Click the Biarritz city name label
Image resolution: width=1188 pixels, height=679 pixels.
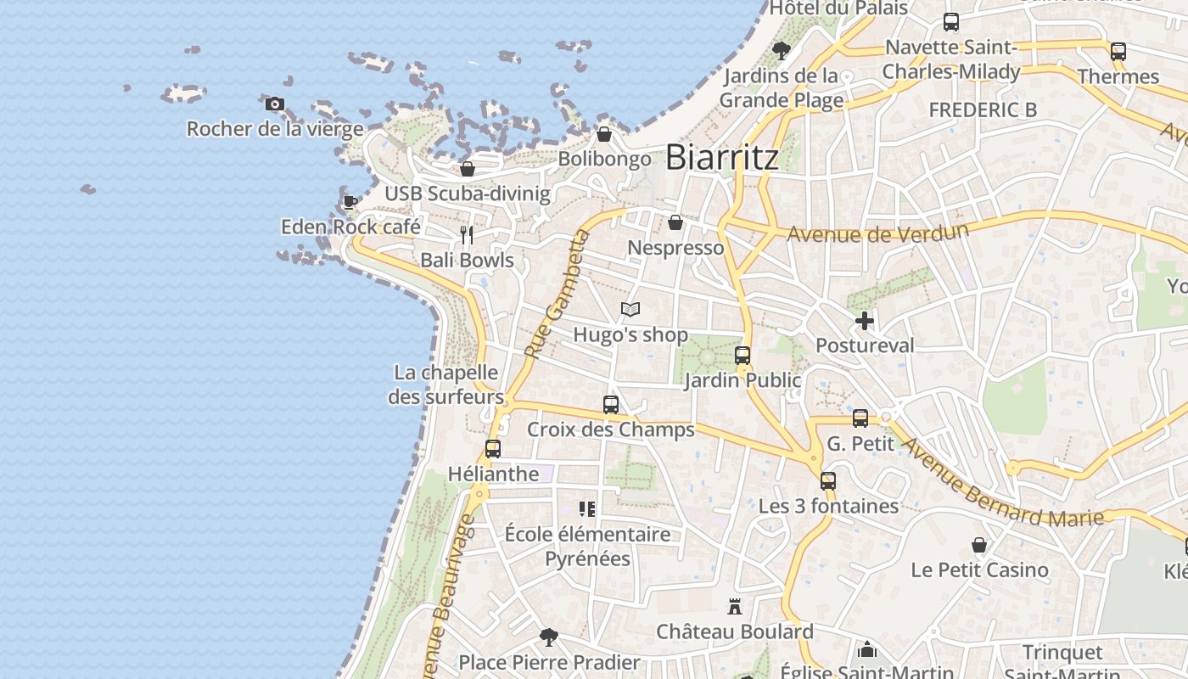(721, 157)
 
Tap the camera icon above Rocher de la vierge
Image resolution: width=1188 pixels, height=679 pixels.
(274, 104)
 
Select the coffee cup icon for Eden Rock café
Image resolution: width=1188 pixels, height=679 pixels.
(350, 202)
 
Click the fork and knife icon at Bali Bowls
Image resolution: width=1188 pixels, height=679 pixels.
(466, 234)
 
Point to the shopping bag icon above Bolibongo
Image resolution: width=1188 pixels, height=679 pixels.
(604, 134)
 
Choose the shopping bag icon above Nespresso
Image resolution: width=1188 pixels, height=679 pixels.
(675, 222)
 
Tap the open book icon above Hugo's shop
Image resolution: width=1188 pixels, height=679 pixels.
(630, 310)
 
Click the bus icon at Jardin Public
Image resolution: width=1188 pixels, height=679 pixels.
(742, 356)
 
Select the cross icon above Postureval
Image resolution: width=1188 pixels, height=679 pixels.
(865, 321)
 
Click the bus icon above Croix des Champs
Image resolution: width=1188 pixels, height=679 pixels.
(611, 405)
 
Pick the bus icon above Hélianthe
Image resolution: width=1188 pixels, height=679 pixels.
(493, 449)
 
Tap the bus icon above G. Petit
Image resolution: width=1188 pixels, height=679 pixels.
(860, 418)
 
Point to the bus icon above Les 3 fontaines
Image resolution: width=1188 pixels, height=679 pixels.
(828, 481)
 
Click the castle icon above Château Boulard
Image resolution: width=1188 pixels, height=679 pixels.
(735, 607)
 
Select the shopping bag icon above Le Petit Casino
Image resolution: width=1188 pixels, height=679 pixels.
(979, 545)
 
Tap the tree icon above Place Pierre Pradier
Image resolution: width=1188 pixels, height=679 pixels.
(549, 637)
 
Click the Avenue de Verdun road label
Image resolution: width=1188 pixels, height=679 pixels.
(877, 233)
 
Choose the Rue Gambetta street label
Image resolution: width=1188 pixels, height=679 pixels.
(556, 293)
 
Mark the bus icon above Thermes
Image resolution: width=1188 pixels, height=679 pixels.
(1118, 52)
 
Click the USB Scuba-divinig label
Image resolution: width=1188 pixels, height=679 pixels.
(468, 194)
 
